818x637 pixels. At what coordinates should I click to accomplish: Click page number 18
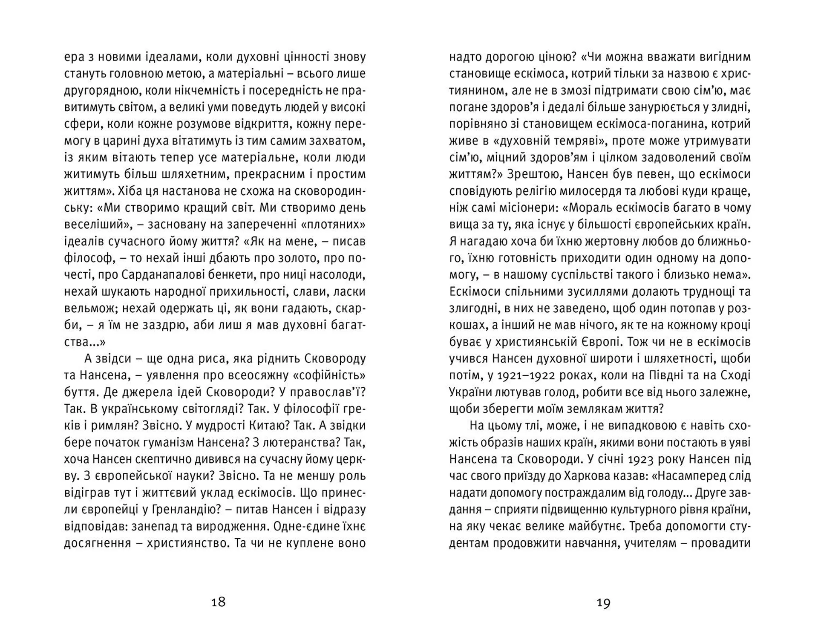tap(218, 602)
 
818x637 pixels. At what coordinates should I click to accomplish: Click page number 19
tap(603, 602)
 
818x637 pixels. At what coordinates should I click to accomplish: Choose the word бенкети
tap(232, 275)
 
